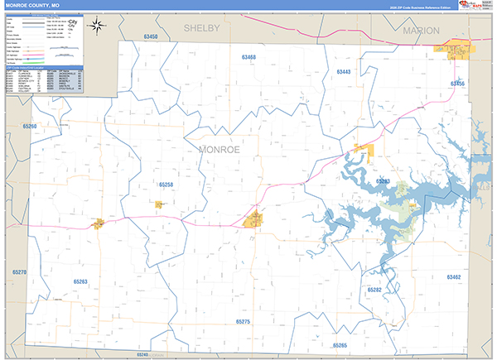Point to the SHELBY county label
201,28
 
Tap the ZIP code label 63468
249,57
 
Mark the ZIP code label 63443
344,72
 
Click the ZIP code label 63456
457,84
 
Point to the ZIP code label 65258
166,185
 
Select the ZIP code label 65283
383,180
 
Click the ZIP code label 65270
20,272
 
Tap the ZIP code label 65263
80,281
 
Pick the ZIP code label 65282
374,290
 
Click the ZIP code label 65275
243,320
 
